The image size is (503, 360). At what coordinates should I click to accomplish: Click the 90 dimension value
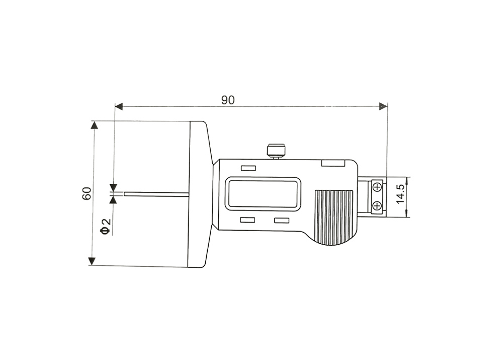pos(228,100)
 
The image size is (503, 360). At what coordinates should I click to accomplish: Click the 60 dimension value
pos(87,193)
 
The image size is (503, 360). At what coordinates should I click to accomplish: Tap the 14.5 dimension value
pos(401,194)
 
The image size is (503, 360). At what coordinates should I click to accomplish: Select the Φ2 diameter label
pos(106,226)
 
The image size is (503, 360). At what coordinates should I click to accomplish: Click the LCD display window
pos(263,194)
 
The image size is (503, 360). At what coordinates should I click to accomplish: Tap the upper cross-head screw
pos(378,187)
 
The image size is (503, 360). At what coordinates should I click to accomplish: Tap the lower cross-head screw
pos(378,205)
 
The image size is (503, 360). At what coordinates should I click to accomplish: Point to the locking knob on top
pos(276,151)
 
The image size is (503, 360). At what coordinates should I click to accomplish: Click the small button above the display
pos(248,168)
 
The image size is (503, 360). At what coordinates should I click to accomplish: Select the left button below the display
pos(247,220)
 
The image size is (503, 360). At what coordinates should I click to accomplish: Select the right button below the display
pos(282,221)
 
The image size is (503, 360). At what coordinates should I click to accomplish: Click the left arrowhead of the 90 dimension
pos(119,106)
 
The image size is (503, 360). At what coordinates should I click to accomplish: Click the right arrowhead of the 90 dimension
pos(383,106)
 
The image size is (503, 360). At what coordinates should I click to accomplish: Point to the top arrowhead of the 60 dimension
pos(94,125)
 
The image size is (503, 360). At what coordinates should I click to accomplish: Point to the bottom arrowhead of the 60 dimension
pos(92,261)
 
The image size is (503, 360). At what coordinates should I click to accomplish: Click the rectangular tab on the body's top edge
pos(333,164)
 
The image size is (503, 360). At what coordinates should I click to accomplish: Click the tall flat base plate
pos(198,194)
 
